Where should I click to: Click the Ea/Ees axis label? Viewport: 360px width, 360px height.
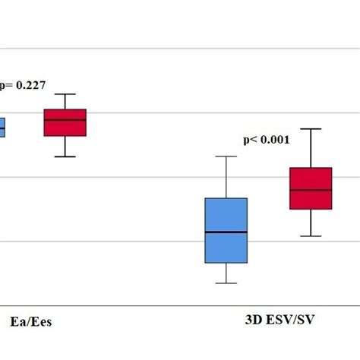coord(31,321)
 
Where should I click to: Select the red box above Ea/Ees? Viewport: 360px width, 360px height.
coord(65,122)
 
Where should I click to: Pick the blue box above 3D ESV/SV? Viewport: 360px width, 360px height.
coord(226,230)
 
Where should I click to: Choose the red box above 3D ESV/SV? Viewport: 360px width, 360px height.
coord(311,188)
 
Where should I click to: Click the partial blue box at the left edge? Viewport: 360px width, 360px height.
coord(2,128)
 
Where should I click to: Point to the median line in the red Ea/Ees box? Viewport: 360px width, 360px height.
coord(65,120)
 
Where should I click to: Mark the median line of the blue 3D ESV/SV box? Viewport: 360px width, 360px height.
coord(226,232)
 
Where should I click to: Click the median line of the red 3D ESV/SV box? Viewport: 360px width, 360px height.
coord(311,190)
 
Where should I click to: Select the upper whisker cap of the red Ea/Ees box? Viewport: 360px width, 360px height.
coord(65,94)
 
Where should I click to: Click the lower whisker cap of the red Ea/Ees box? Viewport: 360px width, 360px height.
coord(65,156)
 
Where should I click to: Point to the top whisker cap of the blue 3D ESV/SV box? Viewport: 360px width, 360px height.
coord(226,156)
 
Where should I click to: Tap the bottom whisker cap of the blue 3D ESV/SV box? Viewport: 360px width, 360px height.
coord(226,283)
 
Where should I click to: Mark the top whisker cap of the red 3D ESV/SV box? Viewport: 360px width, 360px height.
coord(311,129)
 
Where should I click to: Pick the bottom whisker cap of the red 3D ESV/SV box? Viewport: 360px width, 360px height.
coord(311,236)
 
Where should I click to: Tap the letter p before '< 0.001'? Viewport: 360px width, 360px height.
coord(246,141)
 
